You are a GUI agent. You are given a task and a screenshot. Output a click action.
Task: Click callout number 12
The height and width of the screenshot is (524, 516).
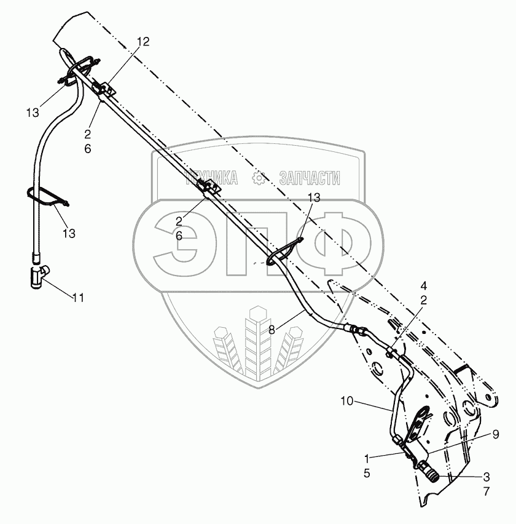(143, 41)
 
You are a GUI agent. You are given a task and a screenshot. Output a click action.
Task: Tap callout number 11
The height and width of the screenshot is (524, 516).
(77, 298)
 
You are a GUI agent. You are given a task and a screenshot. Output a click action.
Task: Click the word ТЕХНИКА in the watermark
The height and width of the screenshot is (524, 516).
(212, 178)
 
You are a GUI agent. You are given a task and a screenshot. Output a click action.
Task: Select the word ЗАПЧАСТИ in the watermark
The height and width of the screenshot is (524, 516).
(309, 178)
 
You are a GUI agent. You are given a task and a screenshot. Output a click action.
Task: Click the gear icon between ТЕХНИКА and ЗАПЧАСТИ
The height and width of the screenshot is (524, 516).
(259, 178)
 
